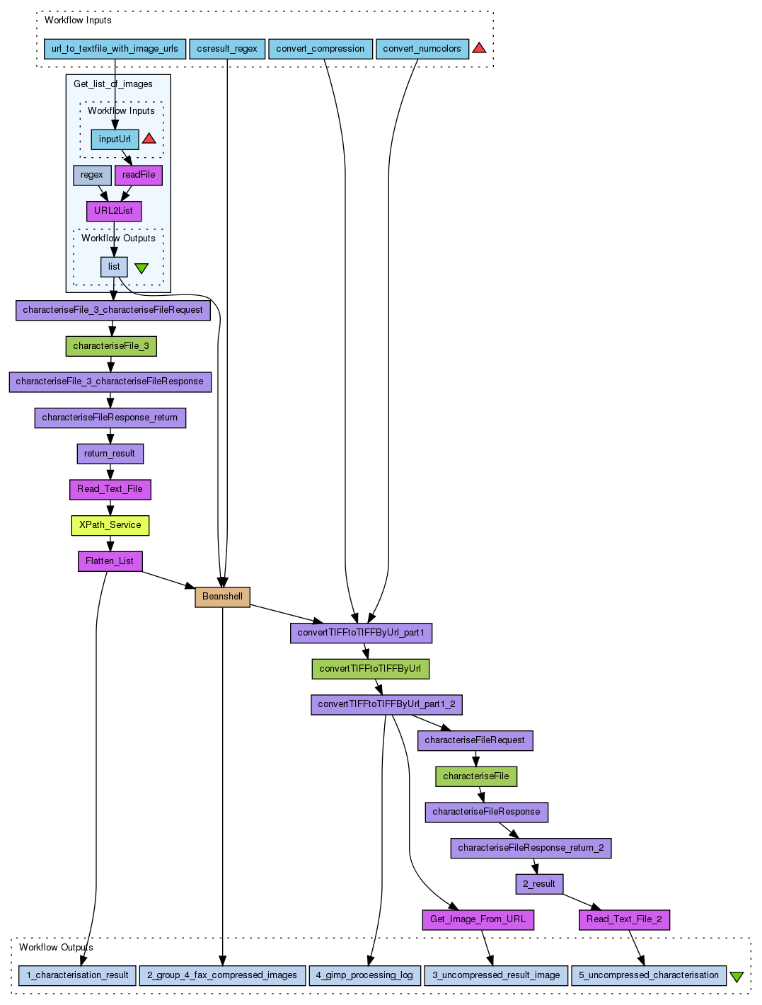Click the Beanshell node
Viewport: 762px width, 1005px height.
tap(222, 597)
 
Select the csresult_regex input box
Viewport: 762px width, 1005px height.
tap(227, 49)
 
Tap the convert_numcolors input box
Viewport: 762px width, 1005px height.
tap(422, 49)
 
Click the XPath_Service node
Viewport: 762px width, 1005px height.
tap(110, 525)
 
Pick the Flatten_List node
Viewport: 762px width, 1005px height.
tap(110, 561)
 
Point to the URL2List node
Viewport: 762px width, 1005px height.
tap(113, 211)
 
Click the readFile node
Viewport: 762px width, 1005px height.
tap(139, 175)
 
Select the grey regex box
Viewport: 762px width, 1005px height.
tap(92, 175)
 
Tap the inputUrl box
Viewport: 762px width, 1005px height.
tap(115, 139)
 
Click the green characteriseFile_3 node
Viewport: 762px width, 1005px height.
tap(111, 346)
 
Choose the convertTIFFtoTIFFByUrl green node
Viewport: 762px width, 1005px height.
tap(370, 669)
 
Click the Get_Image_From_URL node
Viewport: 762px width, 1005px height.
tap(478, 919)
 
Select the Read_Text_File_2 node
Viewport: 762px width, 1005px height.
tap(624, 919)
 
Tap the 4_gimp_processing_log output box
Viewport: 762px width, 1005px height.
tap(364, 975)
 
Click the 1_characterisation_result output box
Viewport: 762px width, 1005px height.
tap(78, 975)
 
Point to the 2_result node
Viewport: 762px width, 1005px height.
tap(539, 884)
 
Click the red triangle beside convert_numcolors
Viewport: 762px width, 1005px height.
tap(479, 48)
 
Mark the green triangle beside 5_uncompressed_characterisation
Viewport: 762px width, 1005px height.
tap(737, 976)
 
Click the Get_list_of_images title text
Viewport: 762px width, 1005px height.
tap(113, 84)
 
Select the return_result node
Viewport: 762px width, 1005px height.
tap(110, 454)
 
